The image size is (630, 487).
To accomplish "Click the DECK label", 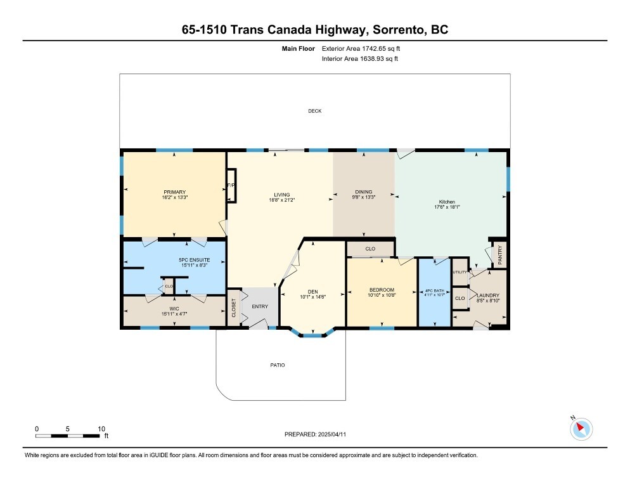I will [315, 111].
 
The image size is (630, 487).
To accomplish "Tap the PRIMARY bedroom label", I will [174, 192].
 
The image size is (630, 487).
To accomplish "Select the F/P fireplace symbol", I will [231, 185].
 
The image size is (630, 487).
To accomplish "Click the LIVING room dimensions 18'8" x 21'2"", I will [281, 200].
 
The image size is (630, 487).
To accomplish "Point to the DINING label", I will [364, 192].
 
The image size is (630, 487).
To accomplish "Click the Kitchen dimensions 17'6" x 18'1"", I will [446, 207].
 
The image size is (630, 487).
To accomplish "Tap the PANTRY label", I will [500, 255].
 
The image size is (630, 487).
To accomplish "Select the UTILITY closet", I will [460, 273].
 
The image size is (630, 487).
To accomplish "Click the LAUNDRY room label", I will [489, 295].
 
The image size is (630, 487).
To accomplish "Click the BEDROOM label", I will [382, 290].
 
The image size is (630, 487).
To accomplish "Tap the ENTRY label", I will [260, 307].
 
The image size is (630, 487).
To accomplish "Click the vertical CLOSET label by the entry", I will [233, 308].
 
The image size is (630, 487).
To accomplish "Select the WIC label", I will [174, 308].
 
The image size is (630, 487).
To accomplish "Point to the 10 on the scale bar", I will [101, 429].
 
